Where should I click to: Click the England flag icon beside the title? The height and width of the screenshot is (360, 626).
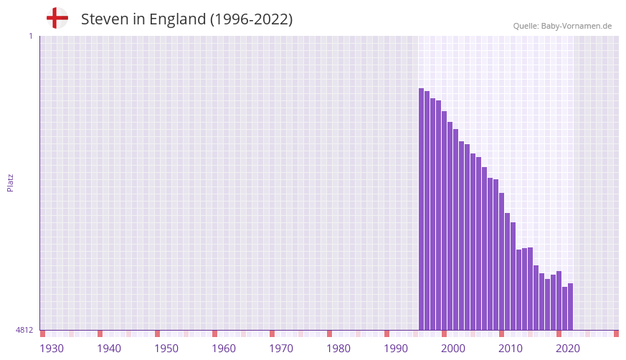point(57,19)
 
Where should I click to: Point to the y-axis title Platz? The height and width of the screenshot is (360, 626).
point(10,182)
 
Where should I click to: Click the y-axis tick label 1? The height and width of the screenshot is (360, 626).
point(30,36)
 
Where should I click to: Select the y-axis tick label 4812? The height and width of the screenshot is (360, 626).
point(24,330)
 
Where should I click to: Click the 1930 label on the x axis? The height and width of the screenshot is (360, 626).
point(52,349)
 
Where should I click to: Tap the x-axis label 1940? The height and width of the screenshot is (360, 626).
point(109,349)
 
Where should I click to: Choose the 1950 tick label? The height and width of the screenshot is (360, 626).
point(166,349)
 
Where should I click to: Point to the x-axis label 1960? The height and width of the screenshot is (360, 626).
point(224,349)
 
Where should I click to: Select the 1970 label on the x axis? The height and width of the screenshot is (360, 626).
point(281,349)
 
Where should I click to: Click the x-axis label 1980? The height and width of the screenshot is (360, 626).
point(338,349)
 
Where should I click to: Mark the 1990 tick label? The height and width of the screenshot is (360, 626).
point(396,349)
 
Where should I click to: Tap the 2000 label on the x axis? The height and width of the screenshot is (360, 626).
point(453,349)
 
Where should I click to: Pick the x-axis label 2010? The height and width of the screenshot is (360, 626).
point(511,349)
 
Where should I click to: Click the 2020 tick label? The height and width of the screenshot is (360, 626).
point(568,349)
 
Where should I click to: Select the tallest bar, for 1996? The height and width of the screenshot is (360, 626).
point(421,209)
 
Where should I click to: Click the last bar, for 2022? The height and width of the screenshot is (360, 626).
point(570,306)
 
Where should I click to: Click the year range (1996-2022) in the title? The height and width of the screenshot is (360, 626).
point(251,19)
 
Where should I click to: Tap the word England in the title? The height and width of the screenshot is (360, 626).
point(177,19)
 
